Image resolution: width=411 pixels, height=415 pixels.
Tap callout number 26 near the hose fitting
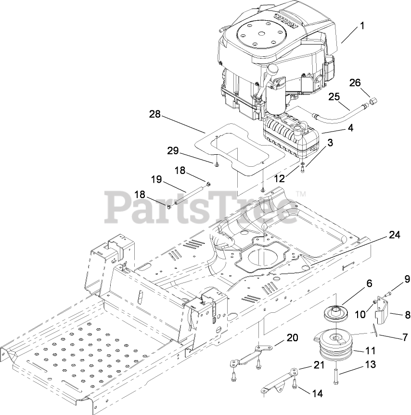coord(355,83)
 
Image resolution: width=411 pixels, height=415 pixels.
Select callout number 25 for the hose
coord(334,96)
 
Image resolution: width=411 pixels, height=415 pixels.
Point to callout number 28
coord(155,115)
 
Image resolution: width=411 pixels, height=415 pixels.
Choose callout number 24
coord(394,235)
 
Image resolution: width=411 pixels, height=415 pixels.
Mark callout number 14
coord(317,393)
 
